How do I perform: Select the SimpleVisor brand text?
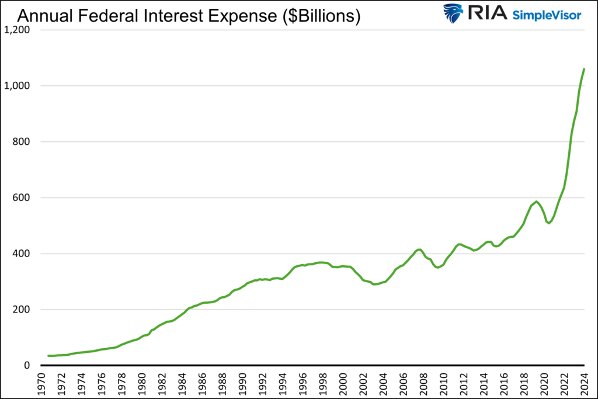click(547, 15)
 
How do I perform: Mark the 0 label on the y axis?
click(26, 366)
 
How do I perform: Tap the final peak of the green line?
click(584, 69)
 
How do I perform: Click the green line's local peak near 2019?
click(536, 202)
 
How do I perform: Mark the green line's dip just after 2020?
click(549, 223)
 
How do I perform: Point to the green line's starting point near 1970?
click(48, 356)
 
